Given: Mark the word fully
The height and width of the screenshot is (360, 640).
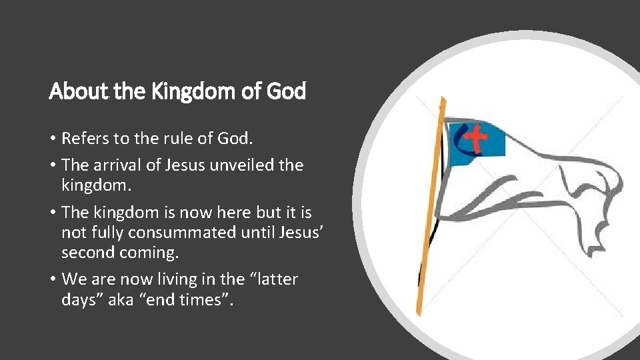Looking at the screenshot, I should (103, 233).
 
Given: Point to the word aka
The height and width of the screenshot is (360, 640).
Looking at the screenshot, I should (130, 300).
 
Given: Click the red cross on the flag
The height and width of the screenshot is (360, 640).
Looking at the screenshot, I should (475, 138).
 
